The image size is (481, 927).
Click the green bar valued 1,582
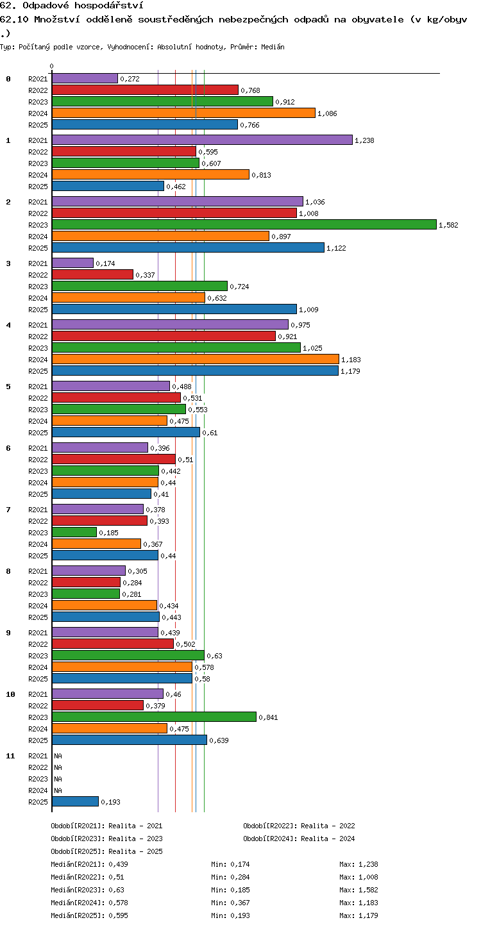(x=244, y=225)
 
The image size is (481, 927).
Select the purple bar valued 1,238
(x=203, y=140)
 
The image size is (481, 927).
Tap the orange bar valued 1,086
(x=184, y=113)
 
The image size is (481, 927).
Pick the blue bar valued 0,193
(x=75, y=801)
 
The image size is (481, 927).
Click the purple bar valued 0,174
(x=73, y=263)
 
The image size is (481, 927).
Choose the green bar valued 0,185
(x=74, y=532)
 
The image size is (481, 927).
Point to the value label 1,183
(x=351, y=360)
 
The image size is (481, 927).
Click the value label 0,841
(x=268, y=717)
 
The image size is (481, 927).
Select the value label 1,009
(x=308, y=310)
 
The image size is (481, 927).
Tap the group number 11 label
(x=10, y=756)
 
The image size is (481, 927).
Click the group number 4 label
(x=8, y=325)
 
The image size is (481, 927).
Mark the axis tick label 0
(x=51, y=66)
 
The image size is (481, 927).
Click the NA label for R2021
(x=58, y=756)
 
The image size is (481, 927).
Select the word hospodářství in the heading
(x=109, y=5)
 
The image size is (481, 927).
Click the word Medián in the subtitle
(x=273, y=47)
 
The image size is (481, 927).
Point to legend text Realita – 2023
(x=135, y=839)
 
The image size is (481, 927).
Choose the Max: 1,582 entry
(x=359, y=890)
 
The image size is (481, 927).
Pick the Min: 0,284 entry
(x=230, y=877)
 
